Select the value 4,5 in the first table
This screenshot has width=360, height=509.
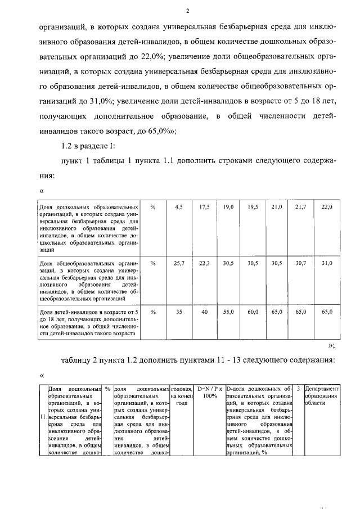[x=179, y=207]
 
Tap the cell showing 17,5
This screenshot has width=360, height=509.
[x=204, y=207]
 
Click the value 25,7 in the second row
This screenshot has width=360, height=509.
[x=179, y=263]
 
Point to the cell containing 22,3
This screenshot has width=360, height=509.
[x=204, y=263]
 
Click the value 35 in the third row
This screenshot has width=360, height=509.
[x=179, y=311]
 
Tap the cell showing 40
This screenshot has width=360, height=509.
[x=204, y=311]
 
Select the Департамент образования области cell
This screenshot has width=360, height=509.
[x=321, y=396]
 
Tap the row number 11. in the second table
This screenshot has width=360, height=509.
[x=43, y=418]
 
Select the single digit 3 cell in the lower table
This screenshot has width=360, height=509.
[x=298, y=389]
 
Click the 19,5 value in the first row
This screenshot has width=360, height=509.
[x=253, y=207]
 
